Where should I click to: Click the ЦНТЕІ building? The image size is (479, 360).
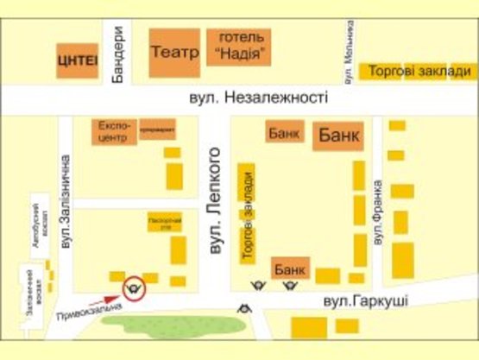[78, 60]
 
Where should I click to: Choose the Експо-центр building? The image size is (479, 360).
[115, 130]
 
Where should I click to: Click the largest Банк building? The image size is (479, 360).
[339, 136]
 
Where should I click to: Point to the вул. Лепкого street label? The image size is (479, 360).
[217, 201]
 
